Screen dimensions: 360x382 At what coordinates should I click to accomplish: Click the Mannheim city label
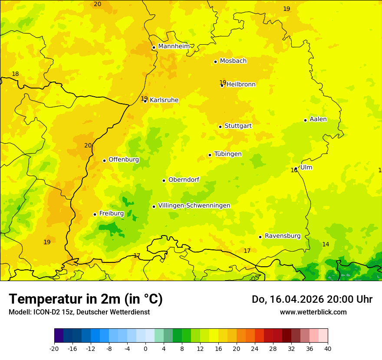[174, 46]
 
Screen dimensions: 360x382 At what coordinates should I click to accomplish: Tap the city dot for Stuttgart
[220, 127]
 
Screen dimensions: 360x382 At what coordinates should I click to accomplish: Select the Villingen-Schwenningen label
[194, 206]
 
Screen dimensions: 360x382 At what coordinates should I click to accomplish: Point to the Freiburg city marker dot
[95, 214]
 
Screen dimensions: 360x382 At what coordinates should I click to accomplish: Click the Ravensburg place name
[283, 236]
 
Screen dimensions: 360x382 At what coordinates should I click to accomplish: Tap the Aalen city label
[318, 119]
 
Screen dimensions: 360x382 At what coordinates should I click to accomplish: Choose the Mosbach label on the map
[233, 61]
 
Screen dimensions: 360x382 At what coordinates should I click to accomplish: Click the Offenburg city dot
[104, 160]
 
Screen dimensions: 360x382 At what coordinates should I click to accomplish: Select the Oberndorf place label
[184, 180]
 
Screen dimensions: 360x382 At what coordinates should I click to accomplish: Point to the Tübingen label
[228, 154]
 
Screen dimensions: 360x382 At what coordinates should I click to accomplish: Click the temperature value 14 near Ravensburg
[326, 245]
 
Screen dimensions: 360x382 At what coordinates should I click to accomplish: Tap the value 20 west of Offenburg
[88, 146]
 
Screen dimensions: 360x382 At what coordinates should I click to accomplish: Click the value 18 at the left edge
[15, 74]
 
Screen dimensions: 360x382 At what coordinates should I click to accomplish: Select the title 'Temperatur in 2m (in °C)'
[86, 299]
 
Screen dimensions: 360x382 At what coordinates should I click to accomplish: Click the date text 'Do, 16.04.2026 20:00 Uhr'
[312, 299]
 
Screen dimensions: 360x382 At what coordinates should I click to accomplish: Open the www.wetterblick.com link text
[313, 312]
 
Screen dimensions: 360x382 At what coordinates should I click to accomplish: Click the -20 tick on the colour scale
[54, 348]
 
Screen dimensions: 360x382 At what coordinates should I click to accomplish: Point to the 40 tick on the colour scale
[328, 348]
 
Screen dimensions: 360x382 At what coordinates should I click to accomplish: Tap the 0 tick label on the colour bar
[145, 348]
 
